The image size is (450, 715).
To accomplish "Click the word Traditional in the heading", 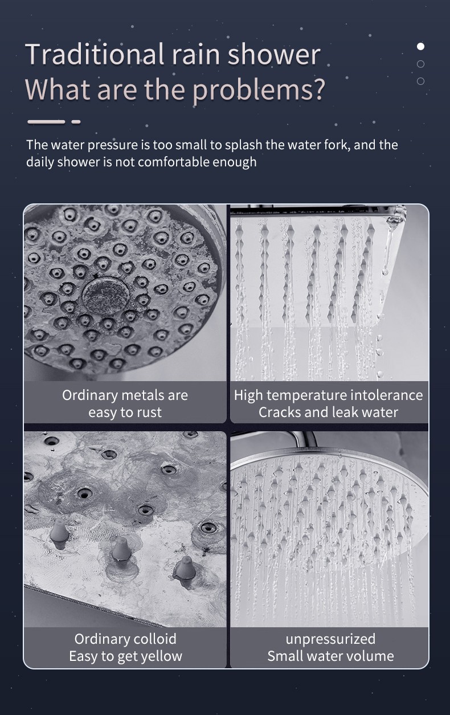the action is tap(95, 54).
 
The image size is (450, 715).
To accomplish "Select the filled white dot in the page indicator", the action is tap(420, 46).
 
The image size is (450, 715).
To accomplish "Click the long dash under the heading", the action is tap(46, 121).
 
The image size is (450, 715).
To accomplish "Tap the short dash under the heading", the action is tap(76, 121).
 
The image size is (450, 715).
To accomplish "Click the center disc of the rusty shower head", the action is tap(106, 297).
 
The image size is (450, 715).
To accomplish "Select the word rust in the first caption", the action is tap(149, 412).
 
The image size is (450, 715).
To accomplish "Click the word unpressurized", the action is tap(330, 639).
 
